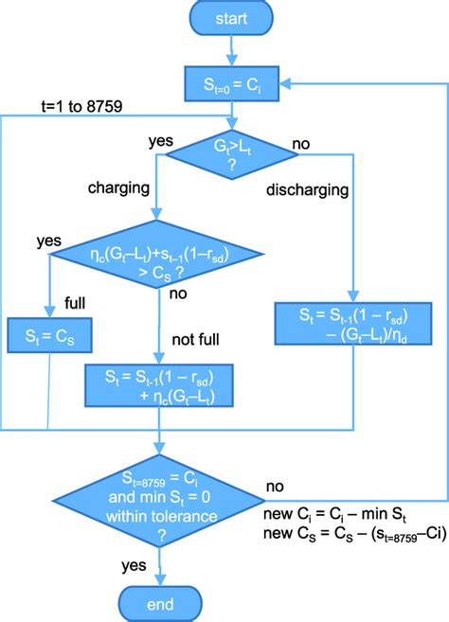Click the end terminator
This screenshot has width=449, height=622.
(x=159, y=602)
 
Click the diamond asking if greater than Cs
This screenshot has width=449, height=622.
(x=160, y=258)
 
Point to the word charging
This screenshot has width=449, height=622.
(x=120, y=187)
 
